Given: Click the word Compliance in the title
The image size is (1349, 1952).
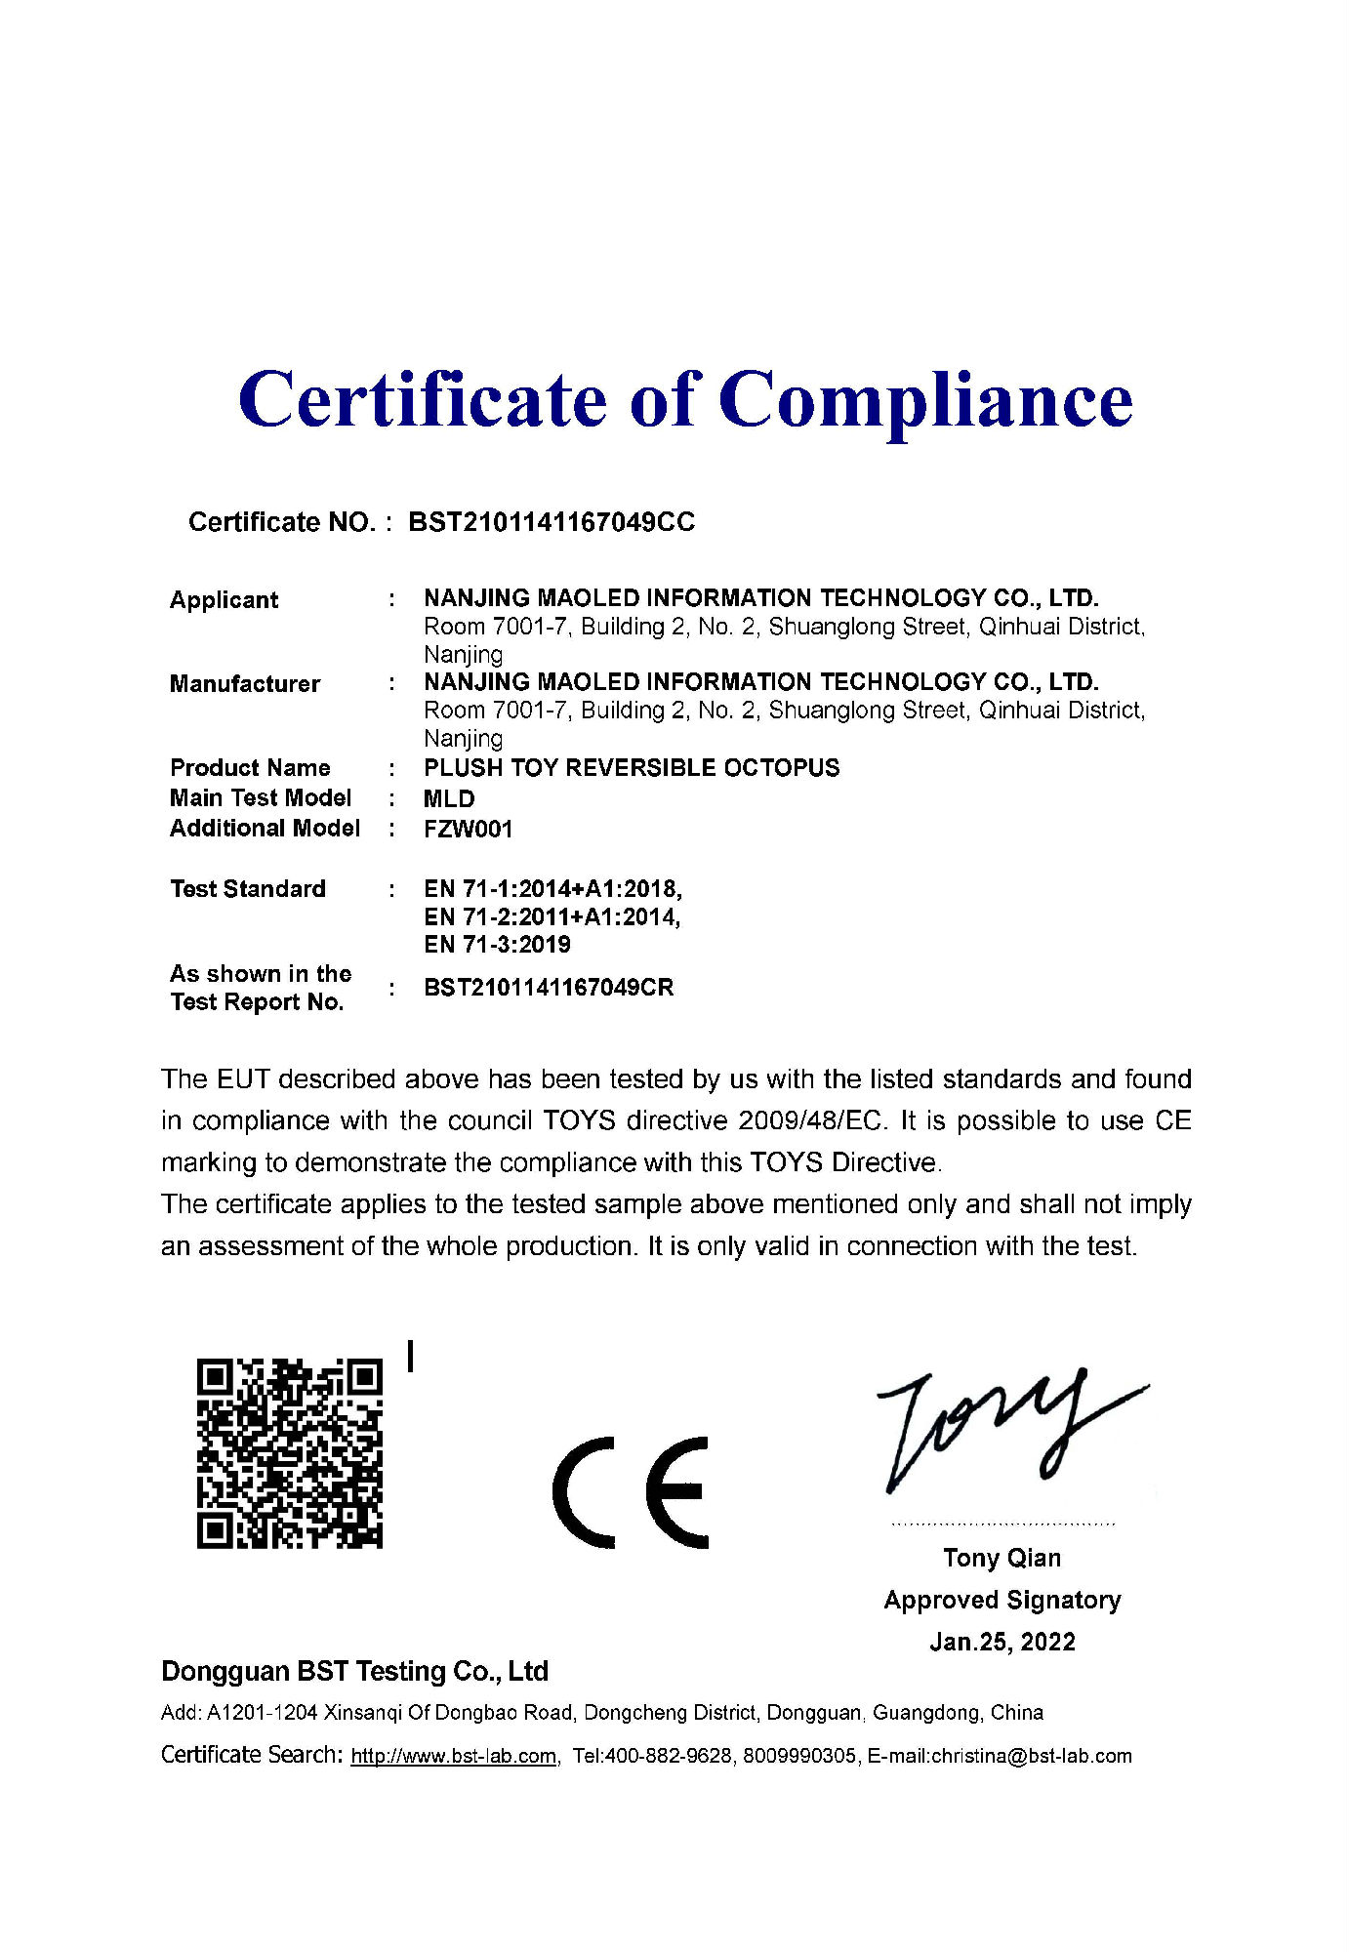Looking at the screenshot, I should pyautogui.click(x=925, y=400).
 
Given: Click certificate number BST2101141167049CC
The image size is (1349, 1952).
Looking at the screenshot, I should pyautogui.click(x=552, y=522).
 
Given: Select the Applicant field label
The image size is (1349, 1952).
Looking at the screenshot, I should pyautogui.click(x=224, y=599).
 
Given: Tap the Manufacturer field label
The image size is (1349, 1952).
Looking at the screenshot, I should pyautogui.click(x=245, y=683).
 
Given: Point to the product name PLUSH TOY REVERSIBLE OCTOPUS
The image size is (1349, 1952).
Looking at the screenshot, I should pyautogui.click(x=632, y=768).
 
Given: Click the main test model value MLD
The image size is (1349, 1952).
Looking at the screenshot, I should pyautogui.click(x=449, y=798).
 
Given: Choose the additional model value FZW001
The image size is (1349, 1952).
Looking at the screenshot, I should pyautogui.click(x=468, y=829).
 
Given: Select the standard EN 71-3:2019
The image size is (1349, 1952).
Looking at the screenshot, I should pyautogui.click(x=497, y=944).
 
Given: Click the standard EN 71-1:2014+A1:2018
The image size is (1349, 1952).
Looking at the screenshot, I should pyautogui.click(x=552, y=888).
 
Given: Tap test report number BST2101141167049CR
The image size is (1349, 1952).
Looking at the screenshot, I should pyautogui.click(x=549, y=987).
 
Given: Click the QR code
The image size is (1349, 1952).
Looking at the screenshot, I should pyautogui.click(x=290, y=1452).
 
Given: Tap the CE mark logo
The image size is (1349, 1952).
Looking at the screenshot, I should pyautogui.click(x=631, y=1492).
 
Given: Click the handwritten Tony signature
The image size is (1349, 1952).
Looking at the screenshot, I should pyautogui.click(x=1005, y=1430).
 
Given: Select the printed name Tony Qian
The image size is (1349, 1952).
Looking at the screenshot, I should pyautogui.click(x=1002, y=1558).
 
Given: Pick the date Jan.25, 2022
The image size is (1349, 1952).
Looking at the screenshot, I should pyautogui.click(x=1002, y=1642).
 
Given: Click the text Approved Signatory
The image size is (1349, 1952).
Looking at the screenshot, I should pyautogui.click(x=1002, y=1600).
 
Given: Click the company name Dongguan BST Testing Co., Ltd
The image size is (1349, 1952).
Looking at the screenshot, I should pyautogui.click(x=354, y=1671).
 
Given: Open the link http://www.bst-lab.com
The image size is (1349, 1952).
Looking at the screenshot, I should pyautogui.click(x=454, y=1756).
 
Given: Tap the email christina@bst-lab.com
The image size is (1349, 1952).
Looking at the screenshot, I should pyautogui.click(x=1031, y=1756).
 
